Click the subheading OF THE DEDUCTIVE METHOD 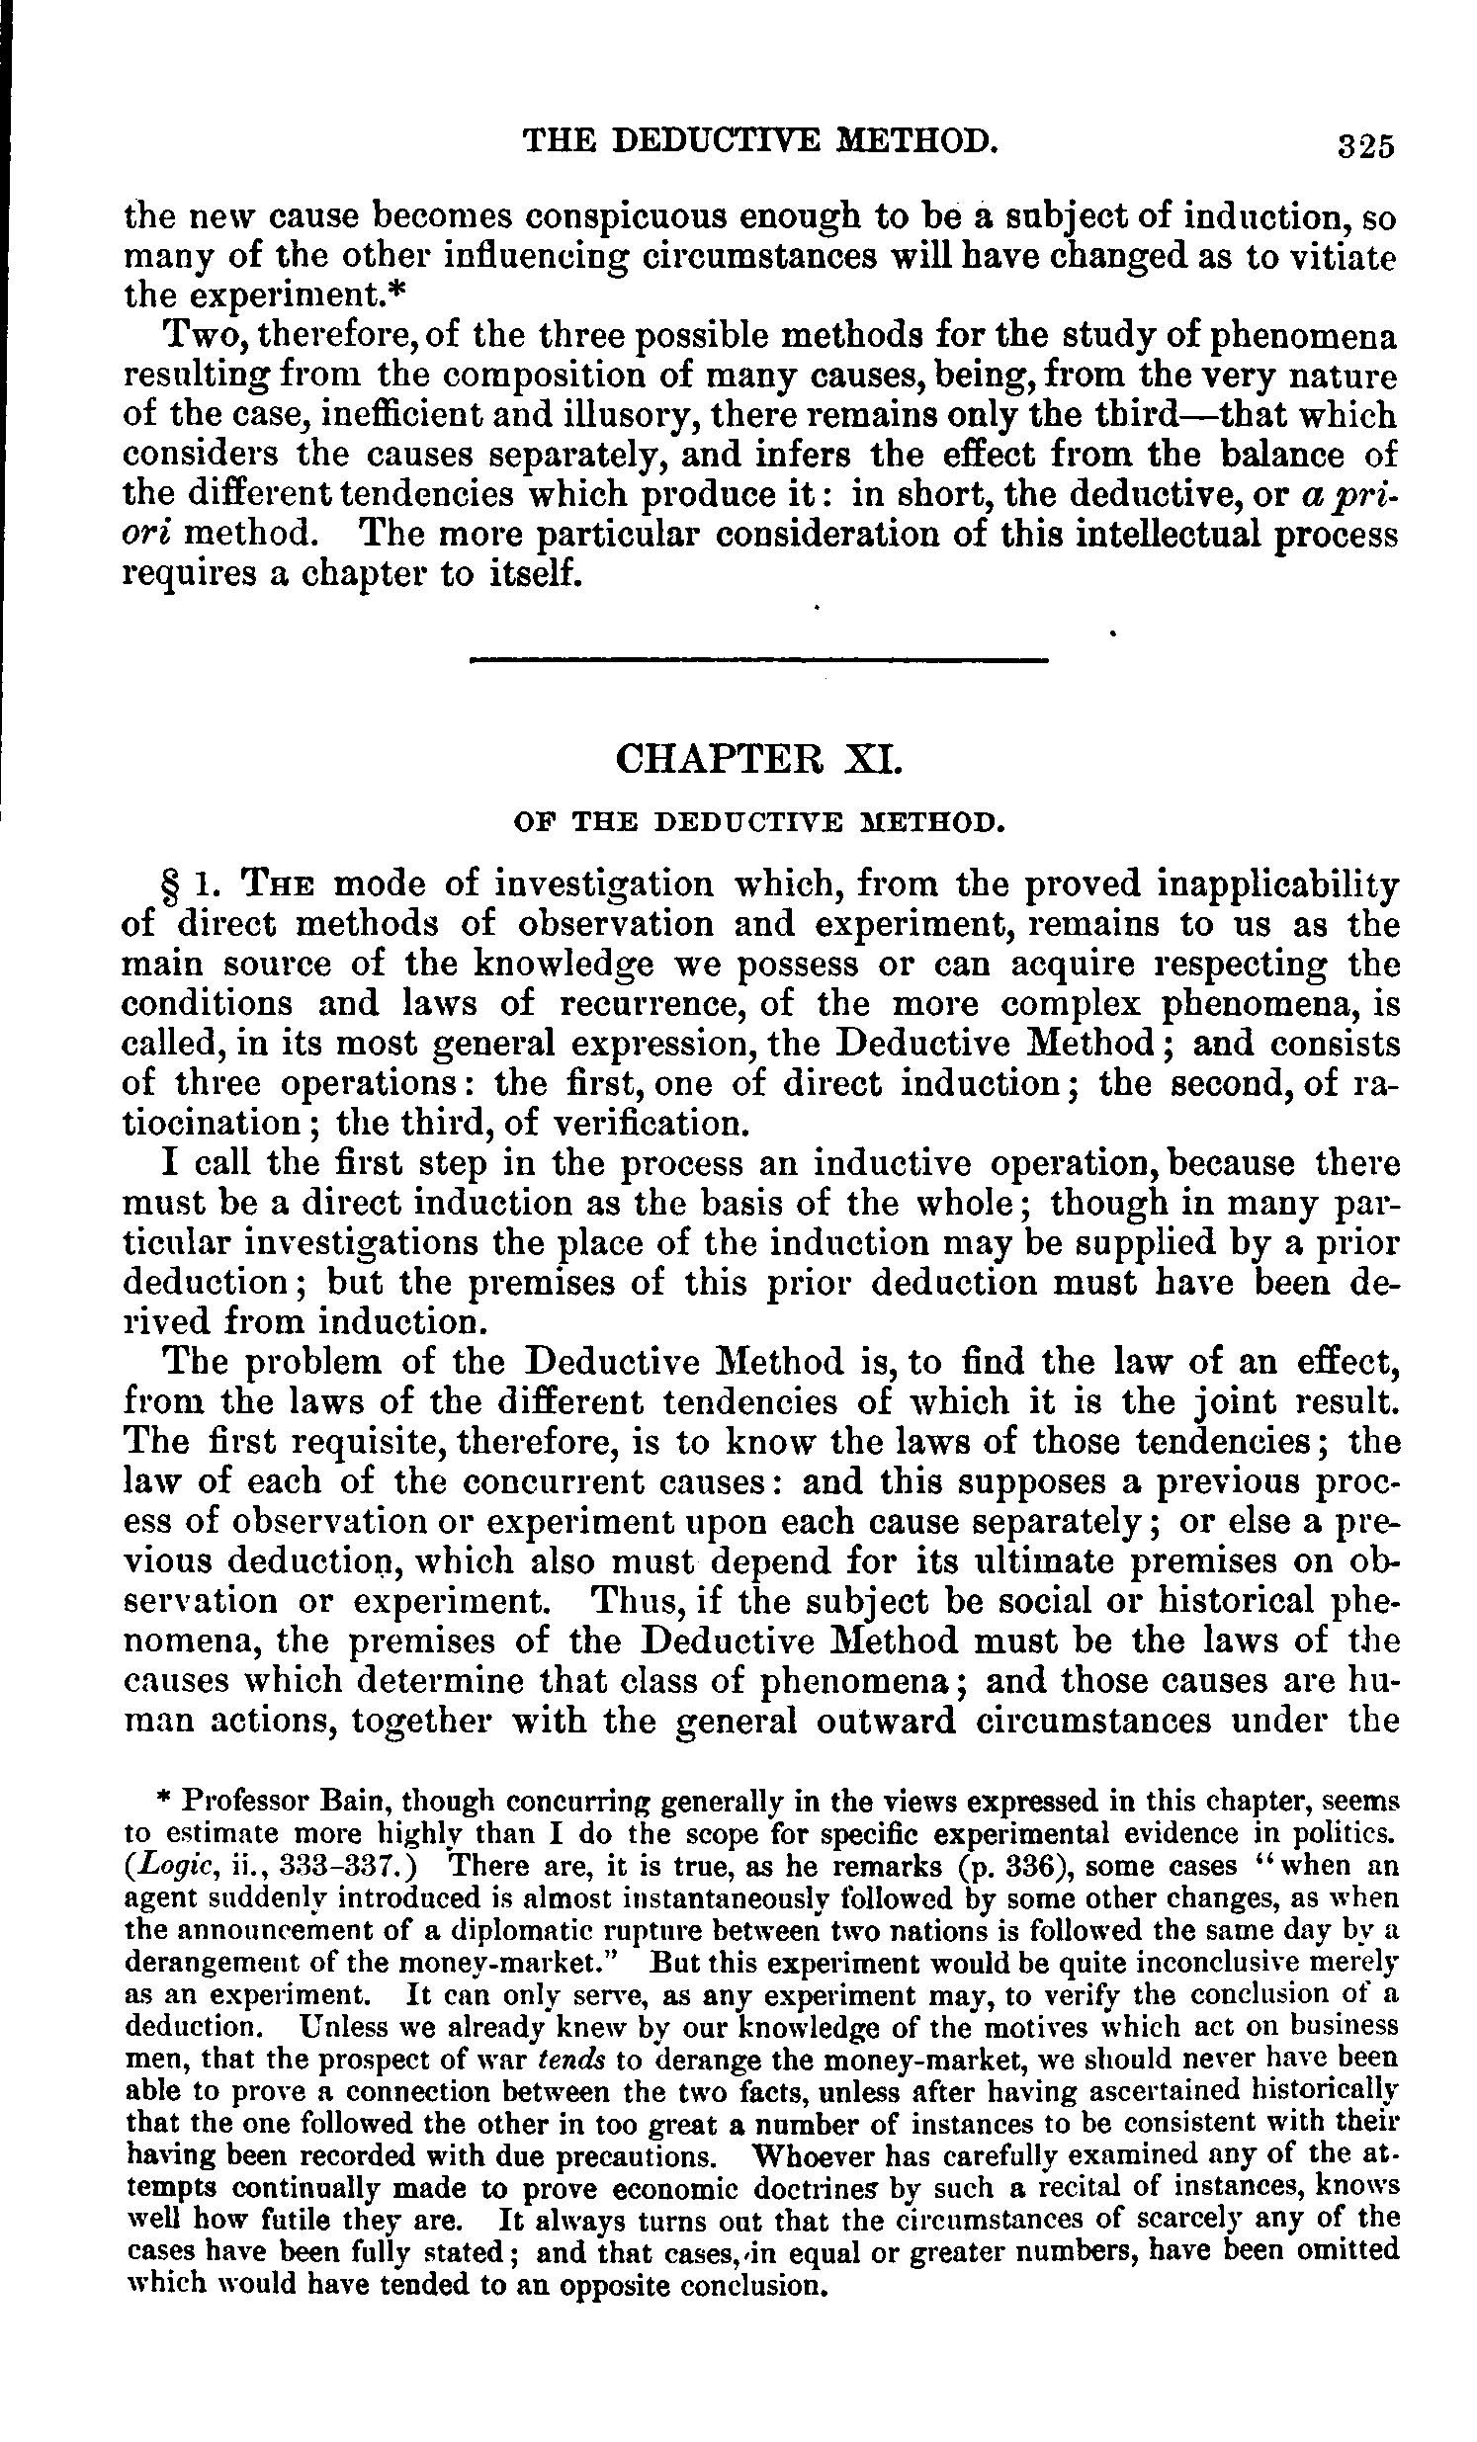(759, 821)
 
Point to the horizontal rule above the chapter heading (758, 659)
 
